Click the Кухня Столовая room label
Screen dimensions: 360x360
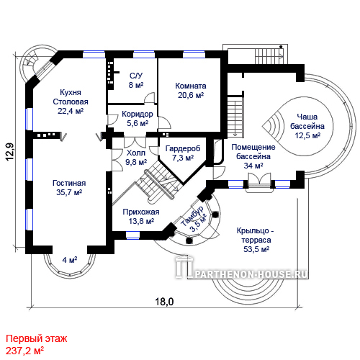click(x=71, y=102)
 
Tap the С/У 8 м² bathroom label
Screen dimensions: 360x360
click(x=136, y=80)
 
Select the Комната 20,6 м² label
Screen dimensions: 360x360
click(x=191, y=91)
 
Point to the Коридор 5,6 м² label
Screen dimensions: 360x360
click(x=138, y=119)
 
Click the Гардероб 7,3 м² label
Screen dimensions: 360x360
click(x=183, y=153)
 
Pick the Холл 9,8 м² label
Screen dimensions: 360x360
click(x=136, y=158)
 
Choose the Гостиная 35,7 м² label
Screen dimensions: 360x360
click(x=69, y=188)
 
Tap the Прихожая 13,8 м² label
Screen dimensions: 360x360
click(x=141, y=217)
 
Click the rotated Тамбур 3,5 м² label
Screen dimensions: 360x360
click(x=194, y=219)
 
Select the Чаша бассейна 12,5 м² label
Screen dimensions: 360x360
click(x=307, y=126)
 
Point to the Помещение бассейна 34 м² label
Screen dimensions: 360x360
click(x=253, y=156)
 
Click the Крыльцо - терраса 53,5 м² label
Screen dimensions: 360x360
click(x=256, y=240)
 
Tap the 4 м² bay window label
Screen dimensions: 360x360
click(x=70, y=260)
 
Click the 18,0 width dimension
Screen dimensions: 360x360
click(x=164, y=302)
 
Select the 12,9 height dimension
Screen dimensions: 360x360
click(x=10, y=152)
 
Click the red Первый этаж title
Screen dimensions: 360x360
click(x=37, y=338)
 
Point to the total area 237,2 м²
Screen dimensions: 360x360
click(x=24, y=351)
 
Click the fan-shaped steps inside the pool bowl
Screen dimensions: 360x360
click(x=273, y=125)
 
